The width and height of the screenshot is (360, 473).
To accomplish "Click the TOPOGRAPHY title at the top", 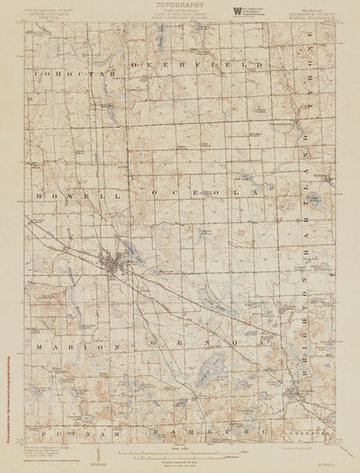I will click(x=180, y=4).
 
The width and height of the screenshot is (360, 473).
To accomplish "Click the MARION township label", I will click(x=65, y=344).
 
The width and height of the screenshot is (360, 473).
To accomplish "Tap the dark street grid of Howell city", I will click(x=115, y=266).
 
